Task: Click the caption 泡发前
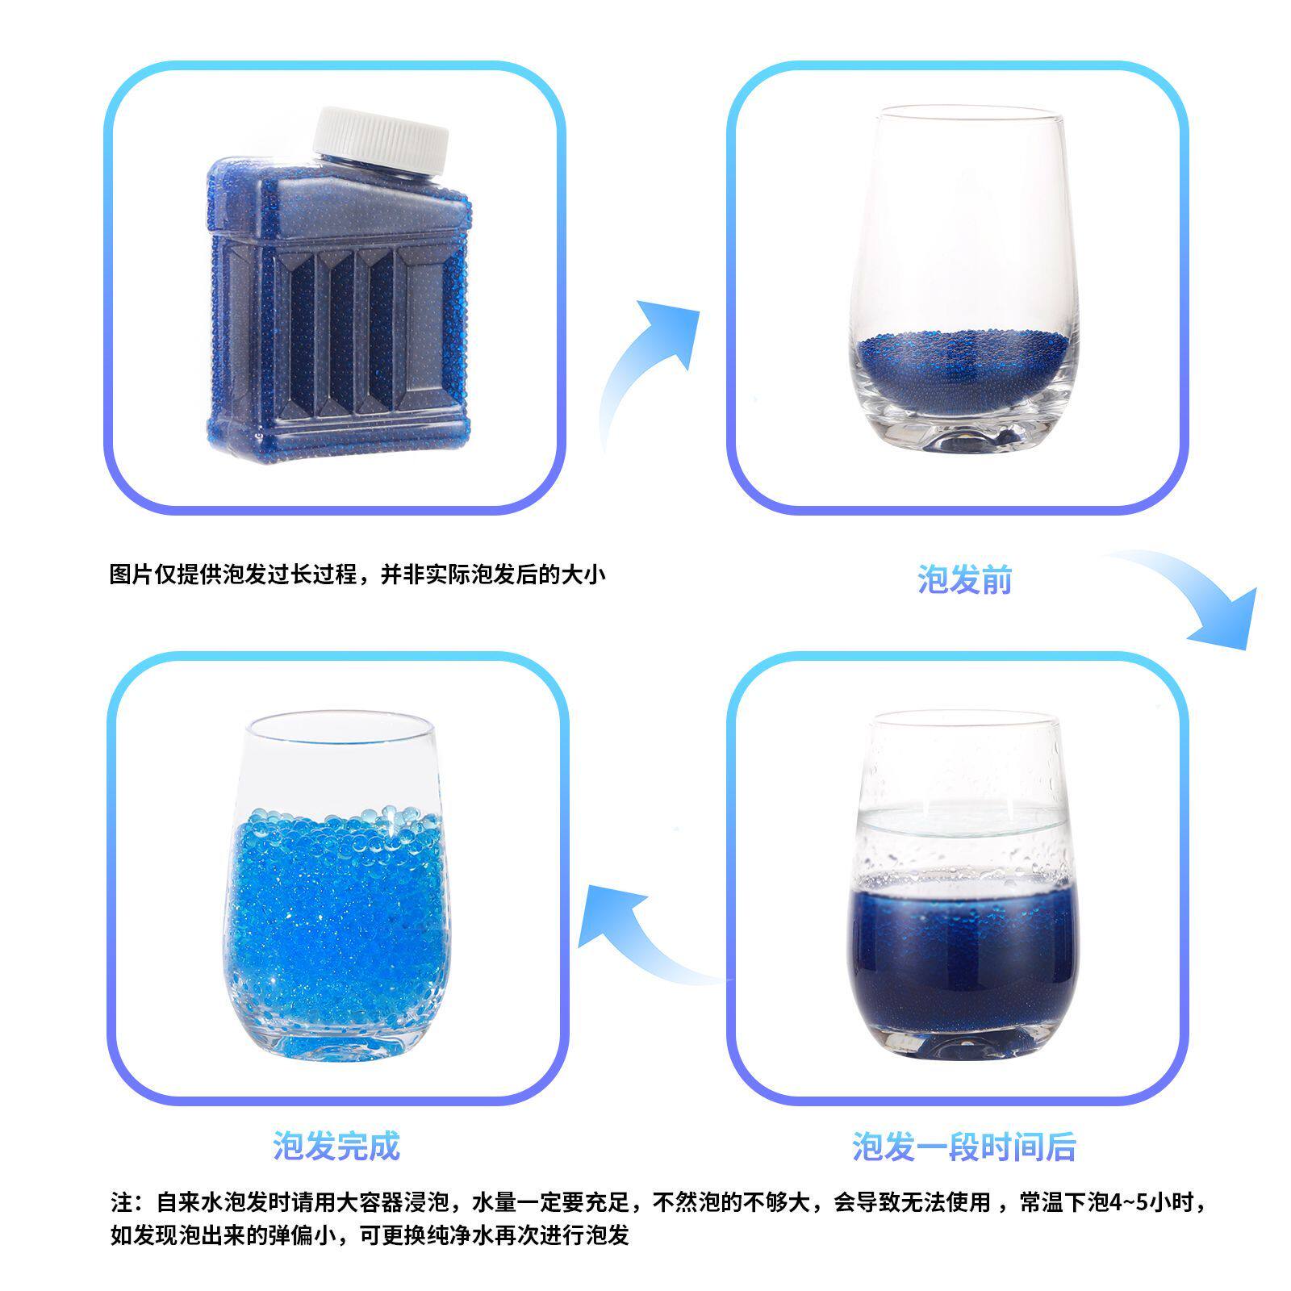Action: click(964, 579)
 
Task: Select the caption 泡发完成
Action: click(336, 1146)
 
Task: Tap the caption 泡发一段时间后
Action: click(964, 1146)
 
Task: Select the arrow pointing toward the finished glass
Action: click(637, 936)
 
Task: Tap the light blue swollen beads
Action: click(339, 920)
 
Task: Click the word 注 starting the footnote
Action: click(121, 1203)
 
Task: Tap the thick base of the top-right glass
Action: click(964, 436)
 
